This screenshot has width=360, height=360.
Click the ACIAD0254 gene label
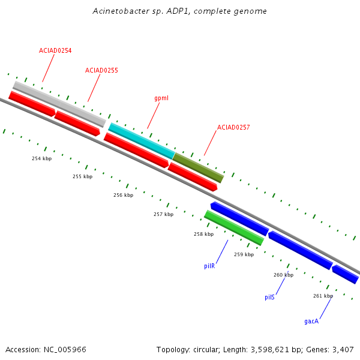tap(55, 50)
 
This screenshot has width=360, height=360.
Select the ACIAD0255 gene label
tap(101, 70)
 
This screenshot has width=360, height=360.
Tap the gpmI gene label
tap(161, 98)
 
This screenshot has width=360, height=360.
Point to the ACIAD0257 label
tap(233, 127)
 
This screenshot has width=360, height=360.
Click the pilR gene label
tap(209, 266)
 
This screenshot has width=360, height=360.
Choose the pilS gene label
tap(269, 297)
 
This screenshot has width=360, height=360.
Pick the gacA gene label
tap(311, 321)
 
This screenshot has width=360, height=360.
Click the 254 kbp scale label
tap(42, 158)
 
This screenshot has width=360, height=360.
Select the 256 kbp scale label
tap(123, 195)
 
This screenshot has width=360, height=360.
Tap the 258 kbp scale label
tap(203, 234)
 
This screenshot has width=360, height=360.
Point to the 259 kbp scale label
tap(244, 254)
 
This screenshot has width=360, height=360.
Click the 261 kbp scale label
tap(323, 296)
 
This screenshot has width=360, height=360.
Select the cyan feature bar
tap(142, 141)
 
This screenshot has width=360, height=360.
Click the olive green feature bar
tap(198, 168)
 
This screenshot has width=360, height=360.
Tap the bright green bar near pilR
tap(234, 227)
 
